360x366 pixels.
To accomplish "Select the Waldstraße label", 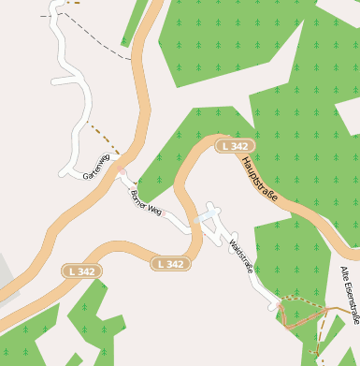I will (241, 256).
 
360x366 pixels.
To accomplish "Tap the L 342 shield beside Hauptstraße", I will (234, 146).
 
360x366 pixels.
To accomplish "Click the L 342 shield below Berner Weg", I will (171, 264).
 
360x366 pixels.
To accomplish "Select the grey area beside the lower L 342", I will (7, 271).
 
